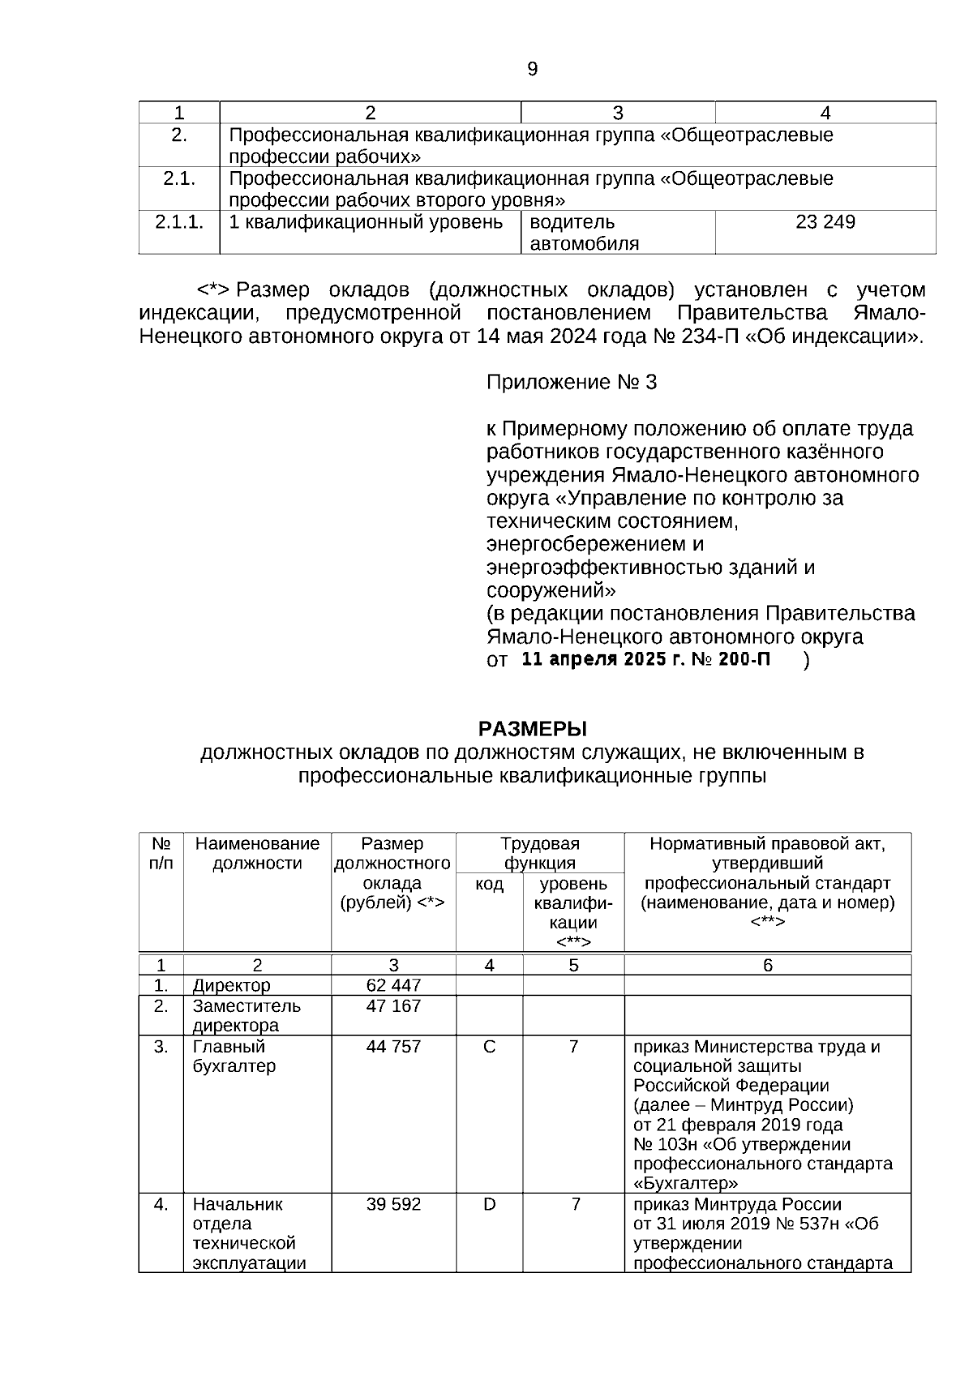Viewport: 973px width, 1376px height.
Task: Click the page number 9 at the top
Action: point(532,70)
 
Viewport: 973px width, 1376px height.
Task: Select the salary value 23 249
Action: point(825,222)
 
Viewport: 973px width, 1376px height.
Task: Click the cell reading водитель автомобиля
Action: point(584,233)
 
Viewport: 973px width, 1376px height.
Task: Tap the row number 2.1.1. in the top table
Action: point(179,222)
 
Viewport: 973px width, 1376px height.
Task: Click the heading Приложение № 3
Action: point(571,383)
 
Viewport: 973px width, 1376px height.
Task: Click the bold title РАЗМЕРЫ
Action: point(532,728)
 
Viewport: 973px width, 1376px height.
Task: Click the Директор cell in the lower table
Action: point(231,985)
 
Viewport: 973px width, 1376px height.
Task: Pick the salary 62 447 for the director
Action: point(393,985)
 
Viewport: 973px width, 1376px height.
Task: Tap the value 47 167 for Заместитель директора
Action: point(393,1006)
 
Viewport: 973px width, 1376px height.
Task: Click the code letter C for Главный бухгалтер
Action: point(489,1047)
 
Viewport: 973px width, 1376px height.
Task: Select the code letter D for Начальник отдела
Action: point(489,1205)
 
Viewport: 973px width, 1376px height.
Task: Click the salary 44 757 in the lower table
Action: point(393,1047)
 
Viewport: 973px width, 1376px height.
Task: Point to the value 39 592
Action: point(393,1205)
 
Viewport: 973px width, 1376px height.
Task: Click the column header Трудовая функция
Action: point(539,853)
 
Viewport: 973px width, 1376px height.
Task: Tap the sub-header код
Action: point(489,884)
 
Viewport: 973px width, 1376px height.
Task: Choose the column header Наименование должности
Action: point(257,853)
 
